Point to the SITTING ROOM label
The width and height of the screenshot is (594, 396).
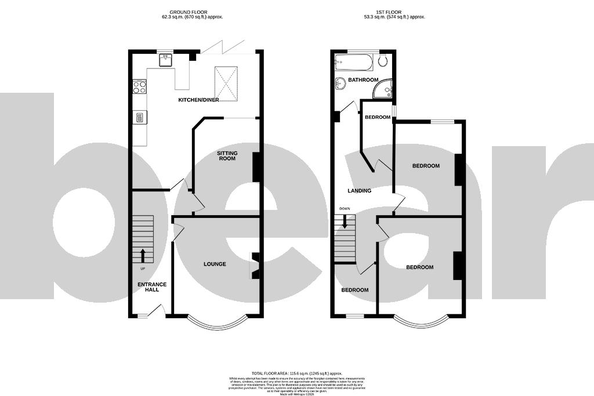click(227, 155)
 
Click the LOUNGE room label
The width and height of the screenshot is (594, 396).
click(215, 264)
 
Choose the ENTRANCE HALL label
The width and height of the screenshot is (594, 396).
click(152, 287)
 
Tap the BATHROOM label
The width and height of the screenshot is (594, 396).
click(363, 80)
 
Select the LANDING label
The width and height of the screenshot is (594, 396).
click(359, 191)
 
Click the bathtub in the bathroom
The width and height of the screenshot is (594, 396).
click(353, 62)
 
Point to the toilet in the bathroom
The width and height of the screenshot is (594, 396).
click(383, 61)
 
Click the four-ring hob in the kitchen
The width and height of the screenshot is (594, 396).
click(140, 88)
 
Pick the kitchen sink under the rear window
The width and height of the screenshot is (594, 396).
click(166, 59)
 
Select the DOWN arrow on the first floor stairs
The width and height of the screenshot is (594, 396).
click(345, 221)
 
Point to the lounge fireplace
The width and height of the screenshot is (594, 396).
click(254, 266)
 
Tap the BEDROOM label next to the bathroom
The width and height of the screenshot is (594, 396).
click(377, 117)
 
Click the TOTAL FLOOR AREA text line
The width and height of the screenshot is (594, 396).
click(296, 373)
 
